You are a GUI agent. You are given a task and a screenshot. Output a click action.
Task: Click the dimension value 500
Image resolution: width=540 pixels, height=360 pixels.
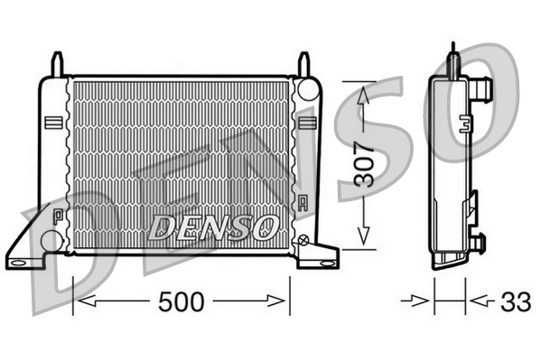(x=182, y=302)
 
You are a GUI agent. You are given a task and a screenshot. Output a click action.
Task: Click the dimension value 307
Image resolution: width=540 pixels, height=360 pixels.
(x=364, y=164)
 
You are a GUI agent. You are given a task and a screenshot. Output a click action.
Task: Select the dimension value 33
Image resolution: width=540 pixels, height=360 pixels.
(x=517, y=302)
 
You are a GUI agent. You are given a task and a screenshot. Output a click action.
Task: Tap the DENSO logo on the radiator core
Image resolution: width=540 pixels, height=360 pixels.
(x=213, y=226)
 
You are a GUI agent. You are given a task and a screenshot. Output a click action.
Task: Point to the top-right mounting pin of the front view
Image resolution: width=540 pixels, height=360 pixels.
(x=304, y=64)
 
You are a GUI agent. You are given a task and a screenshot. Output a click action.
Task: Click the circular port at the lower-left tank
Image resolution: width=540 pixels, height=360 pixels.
(x=52, y=241)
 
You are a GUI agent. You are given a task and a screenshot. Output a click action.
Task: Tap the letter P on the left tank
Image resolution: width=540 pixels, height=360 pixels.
(x=57, y=216)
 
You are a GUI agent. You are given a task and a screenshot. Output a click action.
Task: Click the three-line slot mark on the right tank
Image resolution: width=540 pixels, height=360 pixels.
(x=307, y=122)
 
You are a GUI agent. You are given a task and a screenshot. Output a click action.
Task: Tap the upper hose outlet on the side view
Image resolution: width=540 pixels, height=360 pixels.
(x=482, y=88)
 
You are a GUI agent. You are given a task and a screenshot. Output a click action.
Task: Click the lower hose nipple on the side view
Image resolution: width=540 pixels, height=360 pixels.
(x=479, y=242)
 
